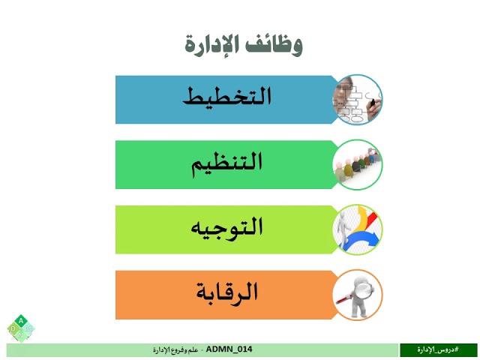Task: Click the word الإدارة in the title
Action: (212, 43)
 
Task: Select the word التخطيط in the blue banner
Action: (227, 98)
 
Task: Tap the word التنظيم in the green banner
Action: (227, 163)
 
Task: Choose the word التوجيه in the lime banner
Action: (227, 227)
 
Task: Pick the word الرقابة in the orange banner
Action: (227, 292)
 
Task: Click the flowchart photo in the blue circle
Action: (358, 99)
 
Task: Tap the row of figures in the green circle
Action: (358, 163)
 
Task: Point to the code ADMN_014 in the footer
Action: (229, 349)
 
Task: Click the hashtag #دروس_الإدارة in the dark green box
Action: (439, 349)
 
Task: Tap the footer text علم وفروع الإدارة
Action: (176, 350)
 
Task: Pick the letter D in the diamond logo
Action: (13, 328)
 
